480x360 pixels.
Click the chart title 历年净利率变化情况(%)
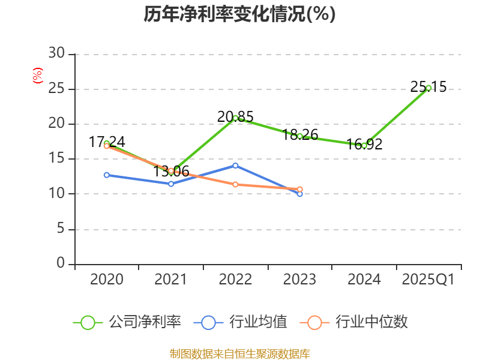[239, 14]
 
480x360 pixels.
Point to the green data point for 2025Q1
[428, 88]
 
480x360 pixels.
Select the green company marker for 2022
[235, 118]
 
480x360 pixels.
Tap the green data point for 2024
[364, 145]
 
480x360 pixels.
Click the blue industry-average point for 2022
[235, 165]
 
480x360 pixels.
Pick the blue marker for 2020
[106, 175]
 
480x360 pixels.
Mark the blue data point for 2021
[171, 184]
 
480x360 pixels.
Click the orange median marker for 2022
[235, 184]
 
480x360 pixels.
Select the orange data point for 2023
[300, 189]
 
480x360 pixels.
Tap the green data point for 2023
[300, 136]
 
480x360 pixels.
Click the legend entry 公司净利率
[127, 322]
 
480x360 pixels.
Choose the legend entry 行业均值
[241, 322]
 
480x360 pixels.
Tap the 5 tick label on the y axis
[60, 229]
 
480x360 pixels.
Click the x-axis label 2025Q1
[428, 280]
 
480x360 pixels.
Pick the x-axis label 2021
[171, 280]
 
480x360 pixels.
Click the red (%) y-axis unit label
[37, 76]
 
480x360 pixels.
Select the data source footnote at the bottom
[239, 354]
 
